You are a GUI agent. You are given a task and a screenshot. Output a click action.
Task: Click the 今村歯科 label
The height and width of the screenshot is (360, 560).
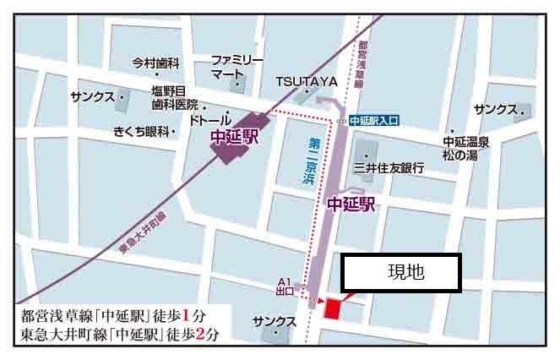tap(156, 63)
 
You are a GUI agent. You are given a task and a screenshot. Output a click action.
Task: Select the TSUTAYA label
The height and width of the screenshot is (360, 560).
tap(306, 82)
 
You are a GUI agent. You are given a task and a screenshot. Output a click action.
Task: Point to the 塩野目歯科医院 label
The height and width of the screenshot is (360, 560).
tap(174, 98)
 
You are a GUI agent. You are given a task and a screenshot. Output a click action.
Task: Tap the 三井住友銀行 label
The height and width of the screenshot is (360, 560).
tap(389, 168)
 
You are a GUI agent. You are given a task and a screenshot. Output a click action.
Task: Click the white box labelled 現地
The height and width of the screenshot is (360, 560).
tap(400, 272)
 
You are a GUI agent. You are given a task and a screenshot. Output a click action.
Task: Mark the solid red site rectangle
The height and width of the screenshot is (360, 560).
tap(332, 308)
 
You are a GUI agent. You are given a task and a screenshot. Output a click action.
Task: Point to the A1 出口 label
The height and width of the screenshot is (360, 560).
tap(285, 287)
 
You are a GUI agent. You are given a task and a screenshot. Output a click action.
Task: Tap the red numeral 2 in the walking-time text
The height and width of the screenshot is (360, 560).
tap(199, 335)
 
